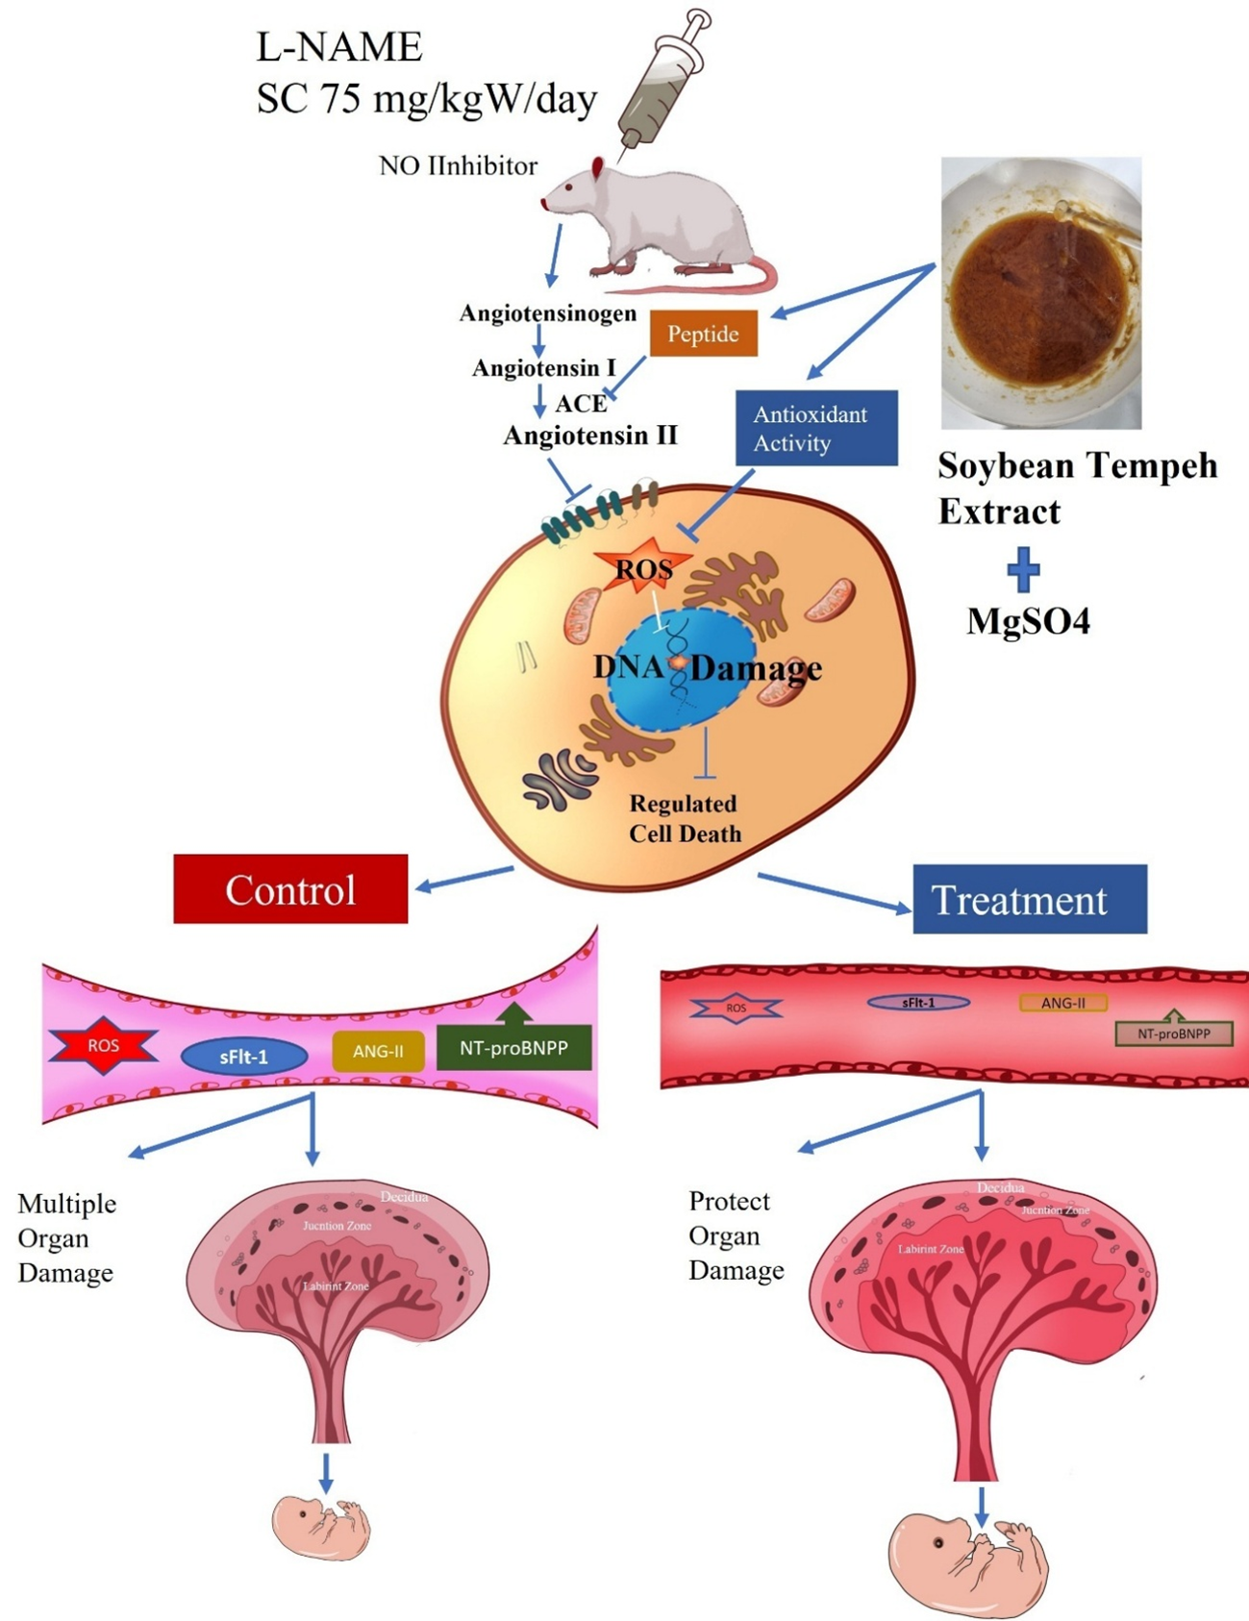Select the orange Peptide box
click(x=703, y=334)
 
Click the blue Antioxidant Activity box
click(x=816, y=428)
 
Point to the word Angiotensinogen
click(x=547, y=313)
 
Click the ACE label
click(x=581, y=404)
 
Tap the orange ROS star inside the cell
click(x=643, y=568)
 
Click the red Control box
click(x=290, y=889)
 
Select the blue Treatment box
click(x=1029, y=900)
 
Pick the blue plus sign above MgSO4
click(x=1023, y=569)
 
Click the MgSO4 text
click(x=1028, y=621)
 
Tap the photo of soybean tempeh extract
click(x=1040, y=292)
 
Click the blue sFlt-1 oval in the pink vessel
click(x=244, y=1057)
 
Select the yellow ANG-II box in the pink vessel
click(x=378, y=1051)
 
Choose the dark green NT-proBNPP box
click(x=513, y=1047)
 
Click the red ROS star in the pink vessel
click(x=103, y=1045)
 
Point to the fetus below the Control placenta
click(x=321, y=1527)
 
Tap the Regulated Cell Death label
click(x=685, y=818)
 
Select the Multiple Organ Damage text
click(x=66, y=1238)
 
